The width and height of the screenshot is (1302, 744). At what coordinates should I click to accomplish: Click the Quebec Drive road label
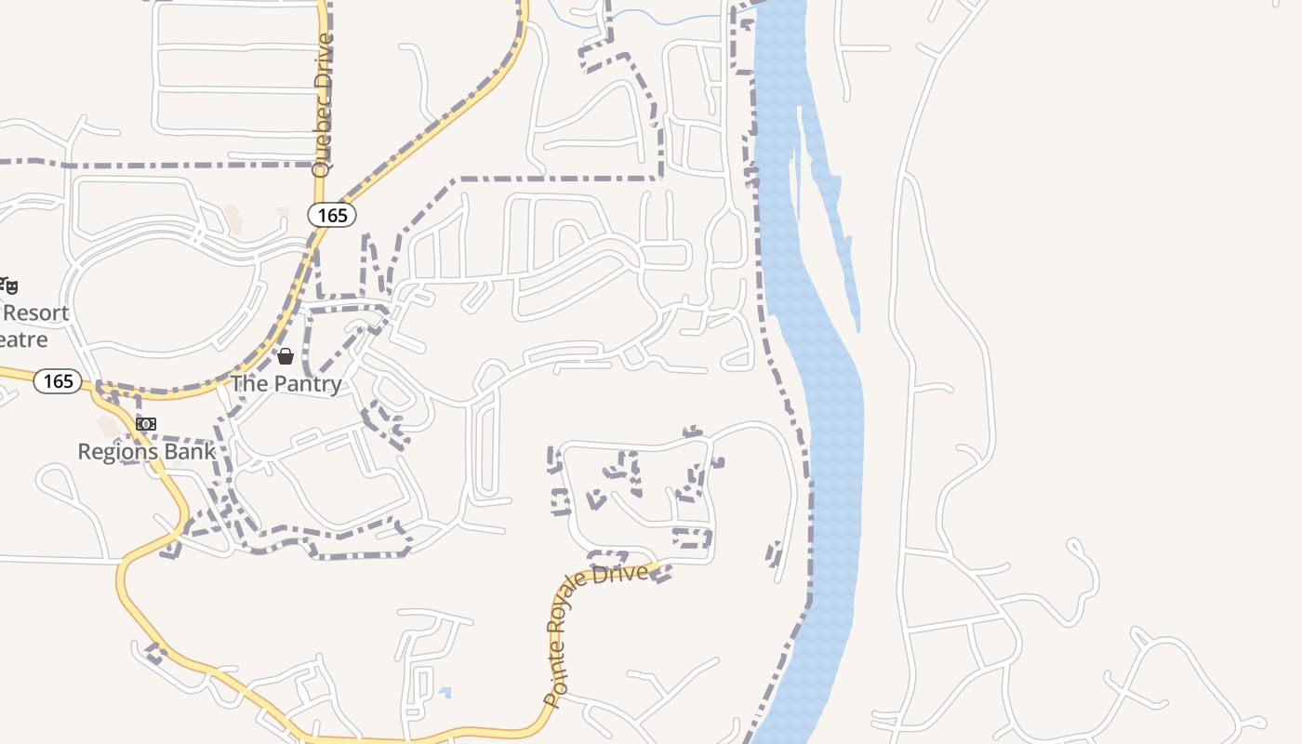point(323,105)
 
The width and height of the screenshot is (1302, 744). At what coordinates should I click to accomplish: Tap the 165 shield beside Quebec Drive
point(332,216)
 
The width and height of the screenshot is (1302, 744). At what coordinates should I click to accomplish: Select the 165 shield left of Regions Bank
point(58,381)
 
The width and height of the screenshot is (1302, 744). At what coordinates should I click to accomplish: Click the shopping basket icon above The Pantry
point(286,356)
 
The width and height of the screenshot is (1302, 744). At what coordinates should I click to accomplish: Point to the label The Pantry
point(286,383)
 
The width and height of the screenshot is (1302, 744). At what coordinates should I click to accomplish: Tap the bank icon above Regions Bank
point(146,424)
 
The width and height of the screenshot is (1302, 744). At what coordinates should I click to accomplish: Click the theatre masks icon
point(8,286)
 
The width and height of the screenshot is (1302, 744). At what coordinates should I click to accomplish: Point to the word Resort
point(37,312)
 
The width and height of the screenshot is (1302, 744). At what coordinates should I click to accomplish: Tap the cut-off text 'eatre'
point(23,339)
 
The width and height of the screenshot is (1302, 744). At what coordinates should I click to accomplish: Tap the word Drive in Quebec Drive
point(323,64)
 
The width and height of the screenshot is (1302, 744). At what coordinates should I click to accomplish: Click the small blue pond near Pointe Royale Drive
point(445,693)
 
